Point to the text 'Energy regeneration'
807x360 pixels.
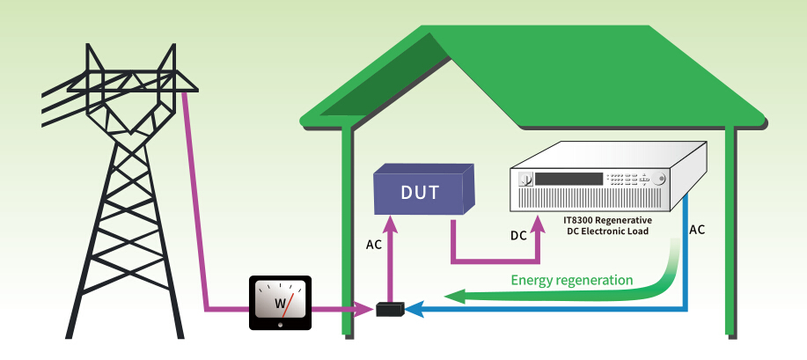coord(572,280)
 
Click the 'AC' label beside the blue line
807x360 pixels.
coord(697,230)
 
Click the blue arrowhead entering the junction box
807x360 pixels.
coord(415,309)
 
